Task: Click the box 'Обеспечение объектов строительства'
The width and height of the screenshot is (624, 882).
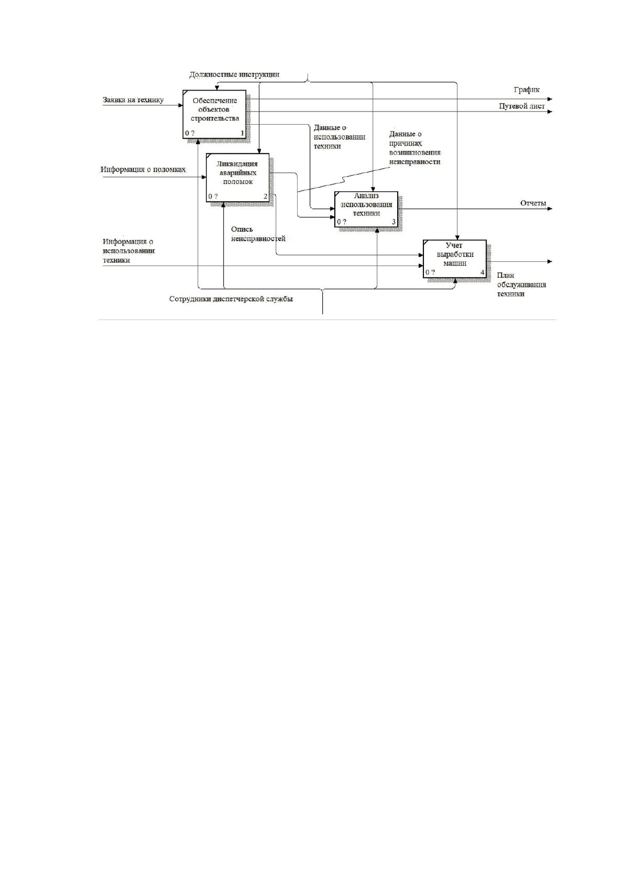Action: coord(214,114)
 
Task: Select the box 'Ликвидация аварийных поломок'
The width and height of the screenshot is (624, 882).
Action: coord(237,178)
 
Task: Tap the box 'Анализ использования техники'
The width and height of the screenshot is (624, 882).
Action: coord(366,209)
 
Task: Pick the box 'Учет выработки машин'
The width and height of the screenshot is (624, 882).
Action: coord(455,259)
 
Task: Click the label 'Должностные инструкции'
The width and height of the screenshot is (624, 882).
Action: coord(234,74)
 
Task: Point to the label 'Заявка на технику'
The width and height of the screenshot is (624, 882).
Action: coord(133,100)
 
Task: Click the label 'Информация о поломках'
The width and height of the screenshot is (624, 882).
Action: coord(143,170)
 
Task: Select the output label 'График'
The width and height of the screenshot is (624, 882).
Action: coord(527,90)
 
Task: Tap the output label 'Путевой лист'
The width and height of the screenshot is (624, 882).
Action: coord(522,106)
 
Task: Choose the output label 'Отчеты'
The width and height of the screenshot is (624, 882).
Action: coord(533,203)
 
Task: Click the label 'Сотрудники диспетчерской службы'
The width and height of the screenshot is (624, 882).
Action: coord(231,299)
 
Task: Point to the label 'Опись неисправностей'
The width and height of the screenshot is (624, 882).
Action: coord(258,234)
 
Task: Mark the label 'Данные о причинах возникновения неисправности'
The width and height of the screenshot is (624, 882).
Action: coord(415,148)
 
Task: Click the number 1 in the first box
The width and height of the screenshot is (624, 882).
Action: coord(242,133)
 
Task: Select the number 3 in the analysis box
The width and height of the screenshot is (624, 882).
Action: coord(394,222)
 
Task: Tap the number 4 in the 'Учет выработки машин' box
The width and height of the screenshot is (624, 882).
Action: coord(483,272)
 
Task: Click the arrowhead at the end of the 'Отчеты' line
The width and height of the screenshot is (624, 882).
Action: coord(550,208)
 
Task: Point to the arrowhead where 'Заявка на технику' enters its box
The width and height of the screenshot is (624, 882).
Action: coord(180,105)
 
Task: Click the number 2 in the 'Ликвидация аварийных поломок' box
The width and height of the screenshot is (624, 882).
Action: coord(266,196)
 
